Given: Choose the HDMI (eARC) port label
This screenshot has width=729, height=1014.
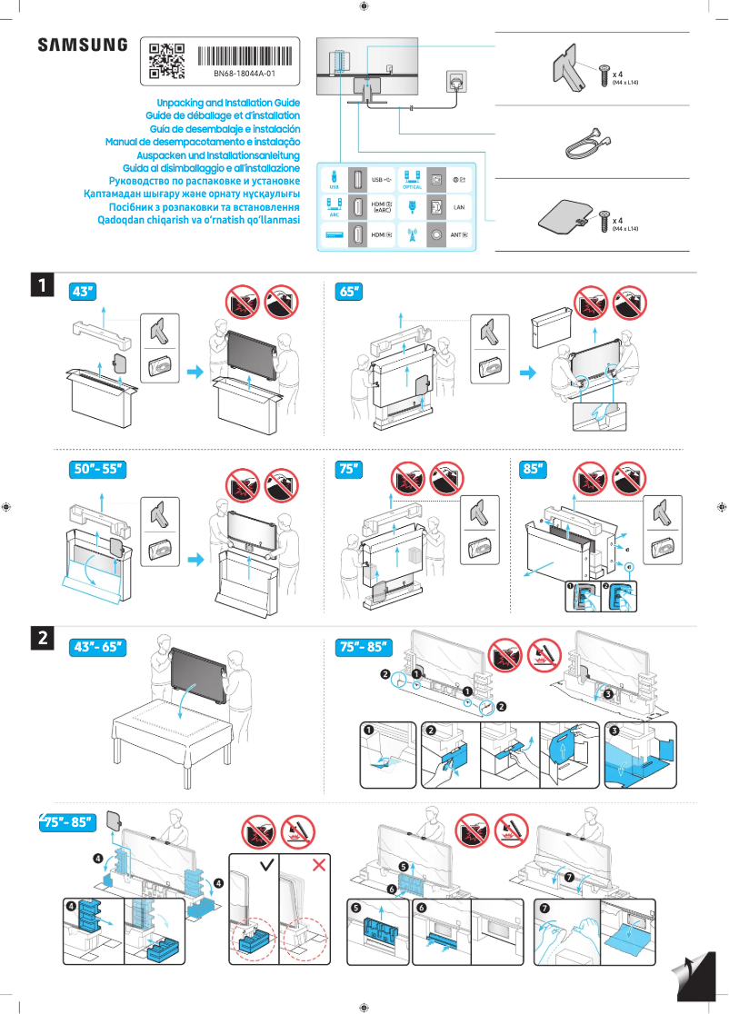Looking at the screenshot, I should (383, 208).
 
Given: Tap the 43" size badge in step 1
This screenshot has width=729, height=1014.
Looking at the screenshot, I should (82, 292).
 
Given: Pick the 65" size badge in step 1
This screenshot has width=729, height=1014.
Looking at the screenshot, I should (348, 292).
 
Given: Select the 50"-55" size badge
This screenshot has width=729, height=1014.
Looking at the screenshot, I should (97, 470).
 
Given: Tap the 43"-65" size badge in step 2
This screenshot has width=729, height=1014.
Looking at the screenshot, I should (97, 647).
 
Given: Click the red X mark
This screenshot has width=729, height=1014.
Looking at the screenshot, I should (319, 864).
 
